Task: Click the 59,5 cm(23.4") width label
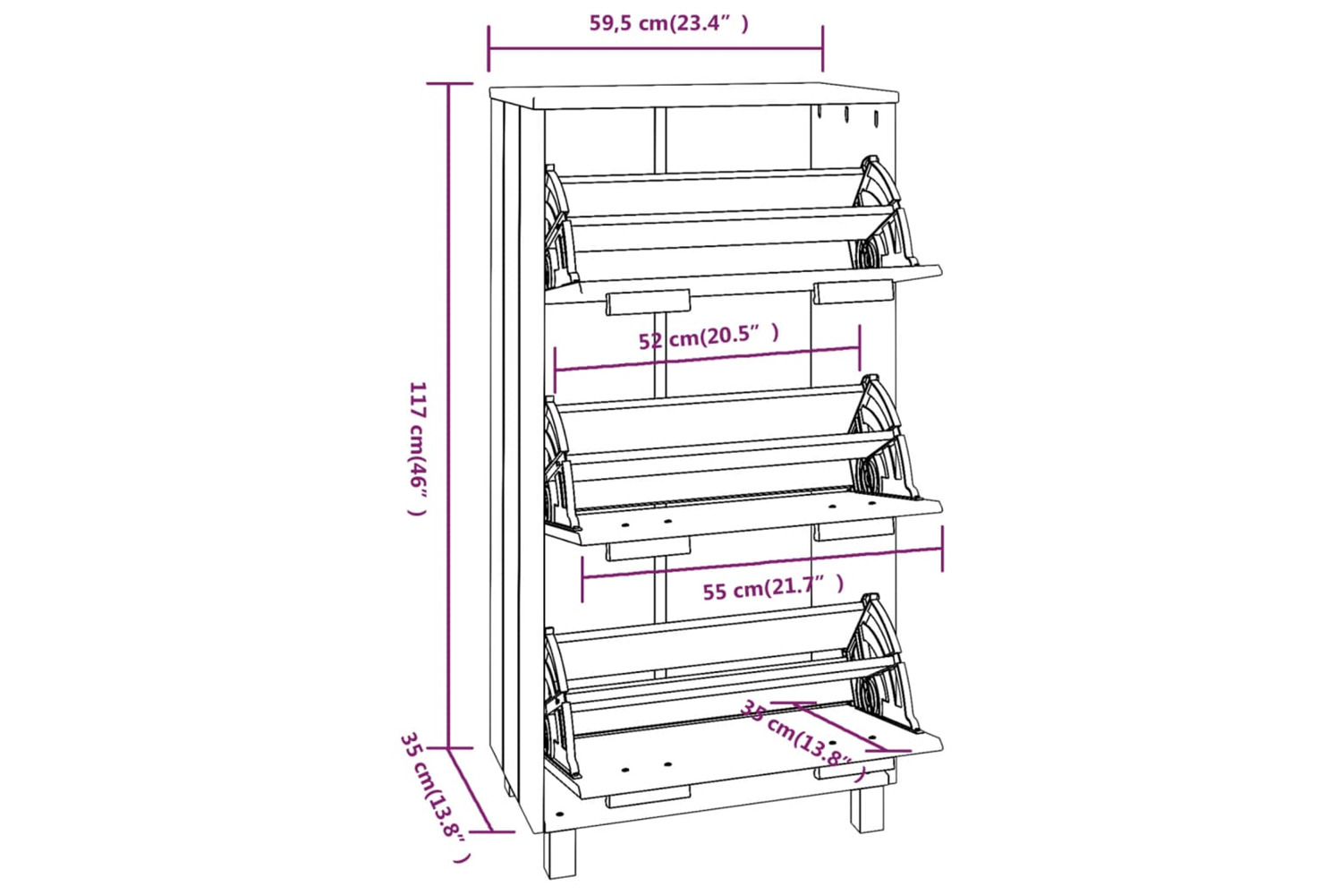coord(668,23)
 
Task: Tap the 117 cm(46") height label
coord(417,448)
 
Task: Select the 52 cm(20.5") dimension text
coord(709,337)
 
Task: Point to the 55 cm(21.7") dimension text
coord(774,587)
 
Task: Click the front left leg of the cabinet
coord(559,854)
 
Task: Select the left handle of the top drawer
coord(649,303)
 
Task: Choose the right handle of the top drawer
coord(854,292)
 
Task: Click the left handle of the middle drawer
coord(649,549)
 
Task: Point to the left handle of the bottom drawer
coord(649,797)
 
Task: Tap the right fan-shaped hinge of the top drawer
coord(884,213)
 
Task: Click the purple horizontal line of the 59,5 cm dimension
coord(656,48)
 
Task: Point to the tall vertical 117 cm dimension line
coord(449,415)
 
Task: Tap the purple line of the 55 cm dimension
coord(762,564)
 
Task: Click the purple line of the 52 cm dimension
coord(708,360)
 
